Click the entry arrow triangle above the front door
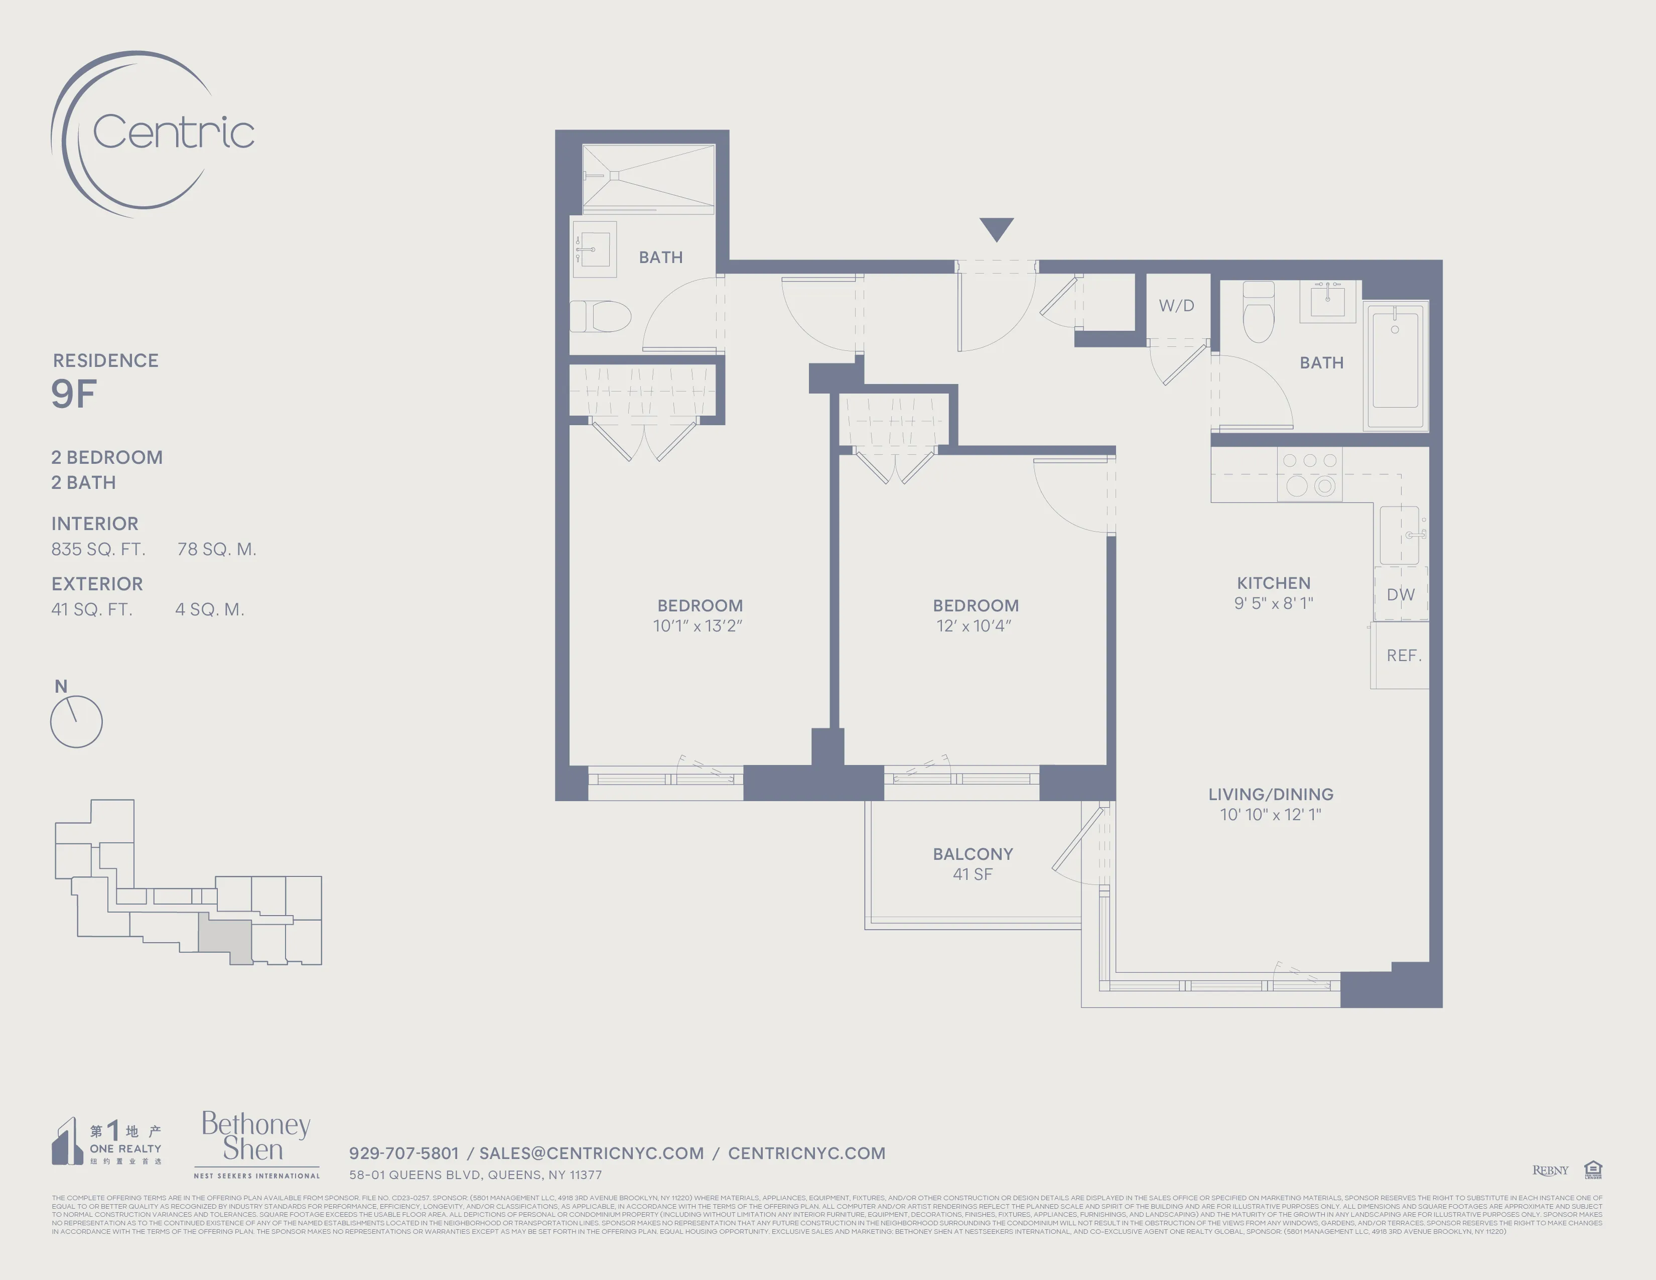[996, 227]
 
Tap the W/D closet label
[1176, 306]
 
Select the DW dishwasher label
[1401, 594]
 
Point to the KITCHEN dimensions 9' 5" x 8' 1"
[1273, 603]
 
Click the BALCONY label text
[973, 854]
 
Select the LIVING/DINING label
[1271, 794]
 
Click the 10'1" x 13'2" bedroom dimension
[698, 625]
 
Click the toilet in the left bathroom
[602, 316]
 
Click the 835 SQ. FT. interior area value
[98, 549]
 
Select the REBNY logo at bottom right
[1550, 1170]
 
